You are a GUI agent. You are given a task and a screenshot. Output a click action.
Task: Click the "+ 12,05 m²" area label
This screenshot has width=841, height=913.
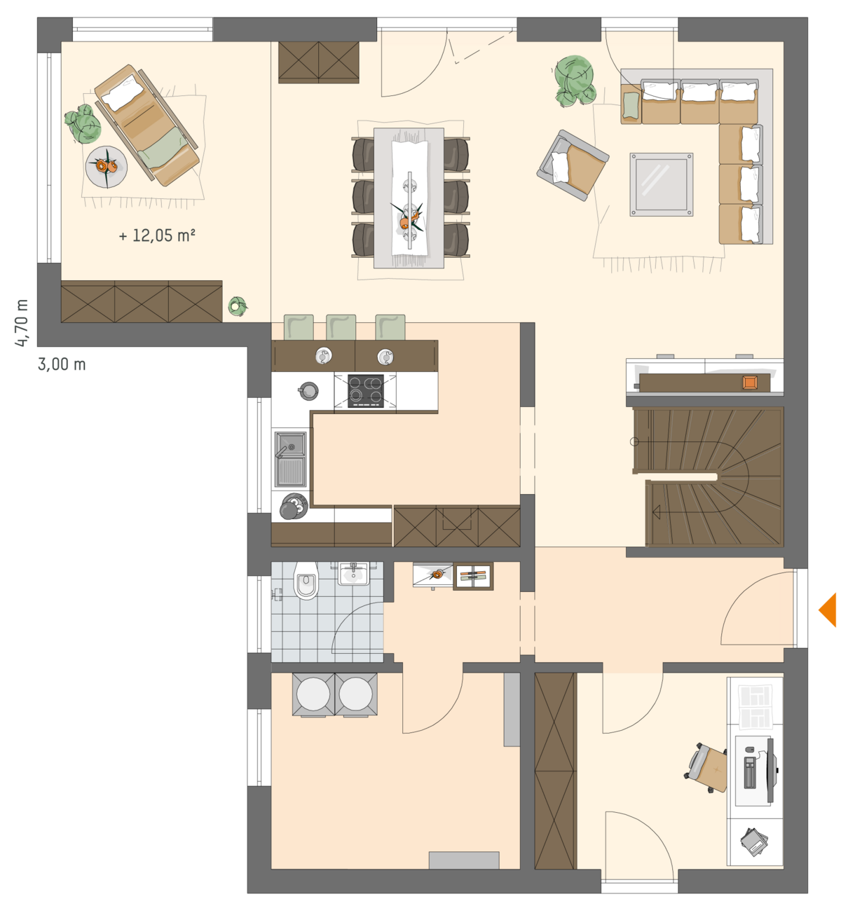(157, 235)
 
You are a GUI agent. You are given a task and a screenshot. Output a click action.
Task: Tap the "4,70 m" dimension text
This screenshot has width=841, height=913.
(22, 323)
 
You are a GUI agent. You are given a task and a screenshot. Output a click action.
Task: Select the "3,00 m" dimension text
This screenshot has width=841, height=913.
(62, 364)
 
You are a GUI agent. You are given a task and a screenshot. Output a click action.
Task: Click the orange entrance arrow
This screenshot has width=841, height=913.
(828, 610)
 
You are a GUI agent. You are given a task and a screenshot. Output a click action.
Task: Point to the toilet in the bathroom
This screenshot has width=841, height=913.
(306, 580)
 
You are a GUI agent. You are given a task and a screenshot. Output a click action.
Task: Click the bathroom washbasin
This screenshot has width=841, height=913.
(354, 573)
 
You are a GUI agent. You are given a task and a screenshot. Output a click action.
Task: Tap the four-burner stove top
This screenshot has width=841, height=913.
(366, 390)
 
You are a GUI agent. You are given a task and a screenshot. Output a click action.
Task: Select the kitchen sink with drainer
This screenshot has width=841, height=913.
(291, 459)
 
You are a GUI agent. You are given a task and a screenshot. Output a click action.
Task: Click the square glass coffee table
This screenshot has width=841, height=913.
(661, 184)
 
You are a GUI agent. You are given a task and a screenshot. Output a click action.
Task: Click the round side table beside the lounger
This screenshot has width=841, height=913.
(107, 167)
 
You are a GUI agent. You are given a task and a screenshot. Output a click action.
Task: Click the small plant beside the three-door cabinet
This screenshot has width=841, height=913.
(237, 306)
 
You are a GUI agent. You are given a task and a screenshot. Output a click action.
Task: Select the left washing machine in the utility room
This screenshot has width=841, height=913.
(313, 695)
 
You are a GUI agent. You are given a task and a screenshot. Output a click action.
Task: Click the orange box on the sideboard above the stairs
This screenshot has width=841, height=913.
(750, 383)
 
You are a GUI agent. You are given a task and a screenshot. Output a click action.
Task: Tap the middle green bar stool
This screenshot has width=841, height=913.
(341, 327)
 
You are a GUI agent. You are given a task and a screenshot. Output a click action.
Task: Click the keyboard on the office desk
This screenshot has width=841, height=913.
(749, 773)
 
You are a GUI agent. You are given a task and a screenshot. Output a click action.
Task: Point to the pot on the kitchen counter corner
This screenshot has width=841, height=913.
(308, 390)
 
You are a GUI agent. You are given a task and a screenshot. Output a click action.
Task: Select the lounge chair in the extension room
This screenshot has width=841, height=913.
(146, 125)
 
